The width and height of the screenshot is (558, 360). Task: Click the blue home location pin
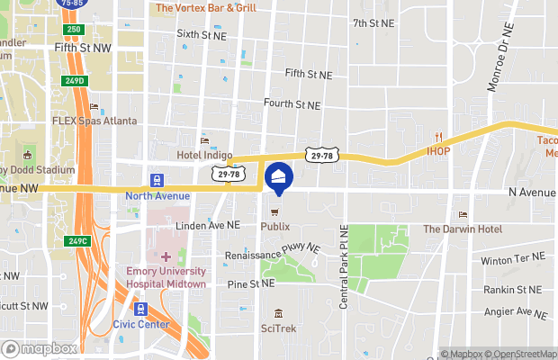tap(278, 177)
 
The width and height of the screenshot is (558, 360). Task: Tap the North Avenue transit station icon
tap(157, 180)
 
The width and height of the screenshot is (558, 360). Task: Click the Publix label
tap(275, 227)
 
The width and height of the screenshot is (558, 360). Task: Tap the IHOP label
tap(438, 150)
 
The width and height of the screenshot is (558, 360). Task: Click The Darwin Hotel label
tap(463, 229)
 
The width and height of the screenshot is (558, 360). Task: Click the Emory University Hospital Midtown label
tap(166, 277)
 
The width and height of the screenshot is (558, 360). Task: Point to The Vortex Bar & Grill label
tap(206, 8)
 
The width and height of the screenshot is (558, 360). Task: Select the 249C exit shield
tap(78, 240)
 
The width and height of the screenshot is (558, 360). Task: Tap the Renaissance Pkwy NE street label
tap(273, 250)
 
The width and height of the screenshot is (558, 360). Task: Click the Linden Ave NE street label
tap(208, 225)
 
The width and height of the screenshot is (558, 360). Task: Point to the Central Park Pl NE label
tap(344, 268)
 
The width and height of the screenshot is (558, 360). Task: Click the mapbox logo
tap(40, 348)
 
